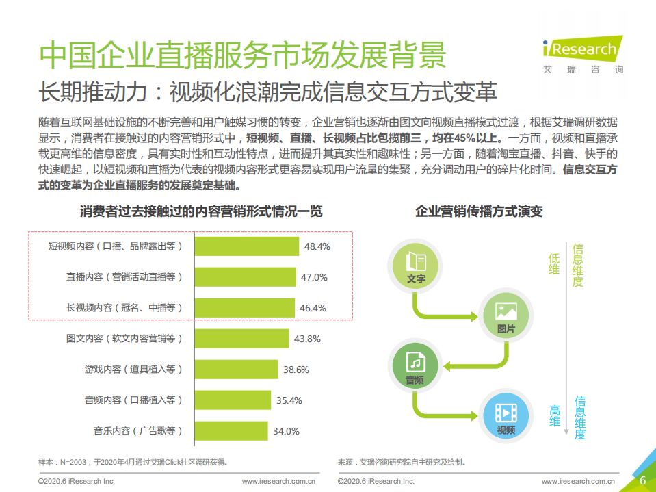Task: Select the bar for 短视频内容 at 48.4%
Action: (x=248, y=246)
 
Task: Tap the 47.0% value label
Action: (x=315, y=277)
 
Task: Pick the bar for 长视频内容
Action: (x=245, y=308)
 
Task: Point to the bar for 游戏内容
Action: (x=237, y=370)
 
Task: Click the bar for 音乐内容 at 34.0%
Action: (x=233, y=431)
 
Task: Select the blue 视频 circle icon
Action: (x=506, y=415)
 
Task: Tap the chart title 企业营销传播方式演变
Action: (x=479, y=211)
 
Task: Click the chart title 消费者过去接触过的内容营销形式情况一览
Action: (x=201, y=211)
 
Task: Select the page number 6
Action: (x=642, y=480)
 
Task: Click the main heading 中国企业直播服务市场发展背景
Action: (x=243, y=55)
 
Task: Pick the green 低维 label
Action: (x=554, y=264)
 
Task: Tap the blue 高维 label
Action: (x=555, y=416)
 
